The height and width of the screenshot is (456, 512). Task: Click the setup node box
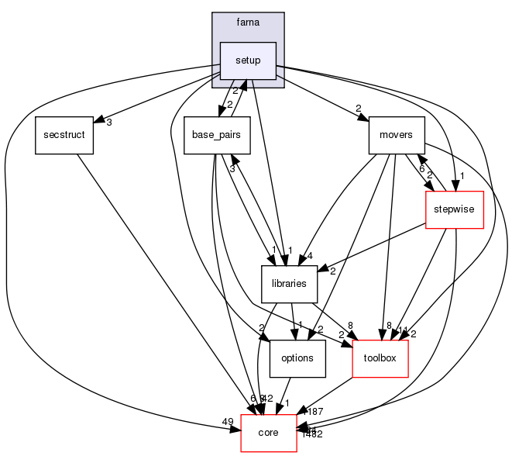point(248,60)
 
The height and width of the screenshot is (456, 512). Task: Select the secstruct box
point(64,136)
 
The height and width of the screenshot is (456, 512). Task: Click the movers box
point(397,136)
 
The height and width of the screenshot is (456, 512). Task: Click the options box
point(297,358)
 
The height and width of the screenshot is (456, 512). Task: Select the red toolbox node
point(380,358)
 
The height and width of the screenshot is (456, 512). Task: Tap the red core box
point(268,433)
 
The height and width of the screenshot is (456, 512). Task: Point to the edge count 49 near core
point(228,422)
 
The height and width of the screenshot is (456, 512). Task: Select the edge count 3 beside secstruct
point(110,123)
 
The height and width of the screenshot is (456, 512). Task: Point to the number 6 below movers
point(421,168)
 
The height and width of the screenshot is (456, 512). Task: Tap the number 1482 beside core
point(311,434)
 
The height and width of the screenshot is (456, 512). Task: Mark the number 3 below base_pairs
point(231,168)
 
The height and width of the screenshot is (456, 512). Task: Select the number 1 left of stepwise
point(462,174)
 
